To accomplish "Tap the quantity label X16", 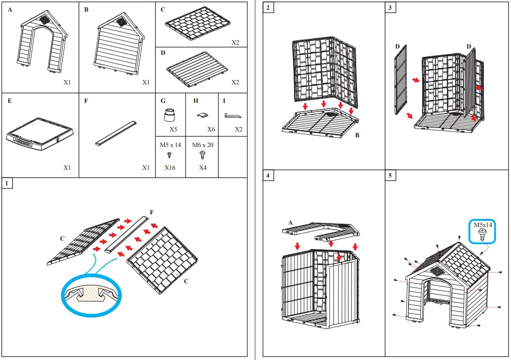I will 170,167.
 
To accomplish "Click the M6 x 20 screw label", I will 202,145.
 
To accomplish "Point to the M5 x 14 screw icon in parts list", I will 170,155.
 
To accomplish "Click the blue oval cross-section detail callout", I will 92,296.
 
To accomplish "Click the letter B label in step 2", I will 357,135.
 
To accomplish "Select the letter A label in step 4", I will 290,222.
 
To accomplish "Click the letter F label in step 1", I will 152,212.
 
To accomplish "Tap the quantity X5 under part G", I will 173,130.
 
